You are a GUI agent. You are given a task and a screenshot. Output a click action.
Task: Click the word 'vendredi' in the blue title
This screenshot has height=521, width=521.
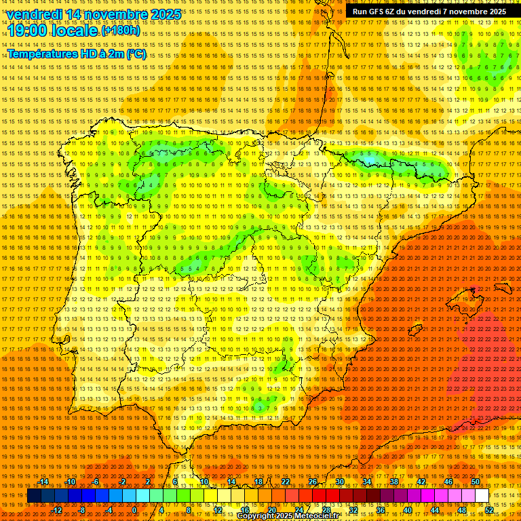35,14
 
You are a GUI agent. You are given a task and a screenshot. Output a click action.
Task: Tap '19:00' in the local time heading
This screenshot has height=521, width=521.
29,31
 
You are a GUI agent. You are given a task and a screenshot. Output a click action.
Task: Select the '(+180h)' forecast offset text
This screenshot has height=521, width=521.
121,31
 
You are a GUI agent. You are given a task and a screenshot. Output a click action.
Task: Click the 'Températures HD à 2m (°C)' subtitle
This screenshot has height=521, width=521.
76,54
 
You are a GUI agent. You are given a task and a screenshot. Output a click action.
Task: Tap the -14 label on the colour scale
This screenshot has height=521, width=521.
43,482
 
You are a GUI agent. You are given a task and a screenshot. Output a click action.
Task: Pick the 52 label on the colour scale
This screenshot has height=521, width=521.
489,510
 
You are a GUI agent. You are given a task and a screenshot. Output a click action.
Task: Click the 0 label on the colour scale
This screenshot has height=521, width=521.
134,510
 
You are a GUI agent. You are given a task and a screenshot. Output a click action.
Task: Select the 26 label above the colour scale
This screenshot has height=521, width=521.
313,482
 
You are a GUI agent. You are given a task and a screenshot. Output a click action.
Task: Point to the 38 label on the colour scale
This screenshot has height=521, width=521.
394,482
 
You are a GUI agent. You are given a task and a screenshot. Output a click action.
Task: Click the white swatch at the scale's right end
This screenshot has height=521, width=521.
482,496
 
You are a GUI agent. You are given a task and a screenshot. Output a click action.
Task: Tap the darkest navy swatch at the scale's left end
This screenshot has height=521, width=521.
33,496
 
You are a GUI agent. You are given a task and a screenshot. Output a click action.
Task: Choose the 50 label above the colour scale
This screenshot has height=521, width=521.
476,482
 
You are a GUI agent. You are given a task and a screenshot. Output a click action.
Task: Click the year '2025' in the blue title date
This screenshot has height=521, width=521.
166,14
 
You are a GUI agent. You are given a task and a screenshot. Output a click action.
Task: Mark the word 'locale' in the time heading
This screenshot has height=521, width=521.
77,31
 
